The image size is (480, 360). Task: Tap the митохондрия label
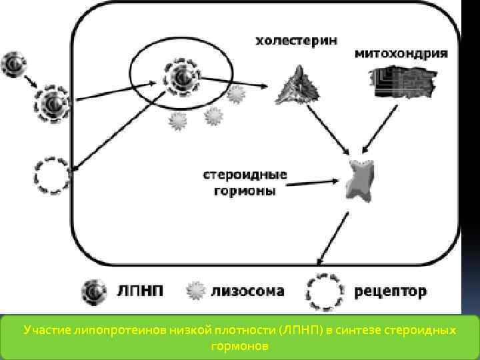click(x=400, y=53)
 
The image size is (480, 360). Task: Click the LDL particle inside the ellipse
click(x=179, y=79)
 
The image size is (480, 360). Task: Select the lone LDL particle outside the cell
click(x=14, y=65)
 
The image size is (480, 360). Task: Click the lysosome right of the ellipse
click(x=235, y=95)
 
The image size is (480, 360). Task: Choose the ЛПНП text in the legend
click(x=136, y=291)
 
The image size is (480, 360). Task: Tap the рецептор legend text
click(x=391, y=291)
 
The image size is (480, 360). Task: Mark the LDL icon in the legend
click(x=92, y=291)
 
